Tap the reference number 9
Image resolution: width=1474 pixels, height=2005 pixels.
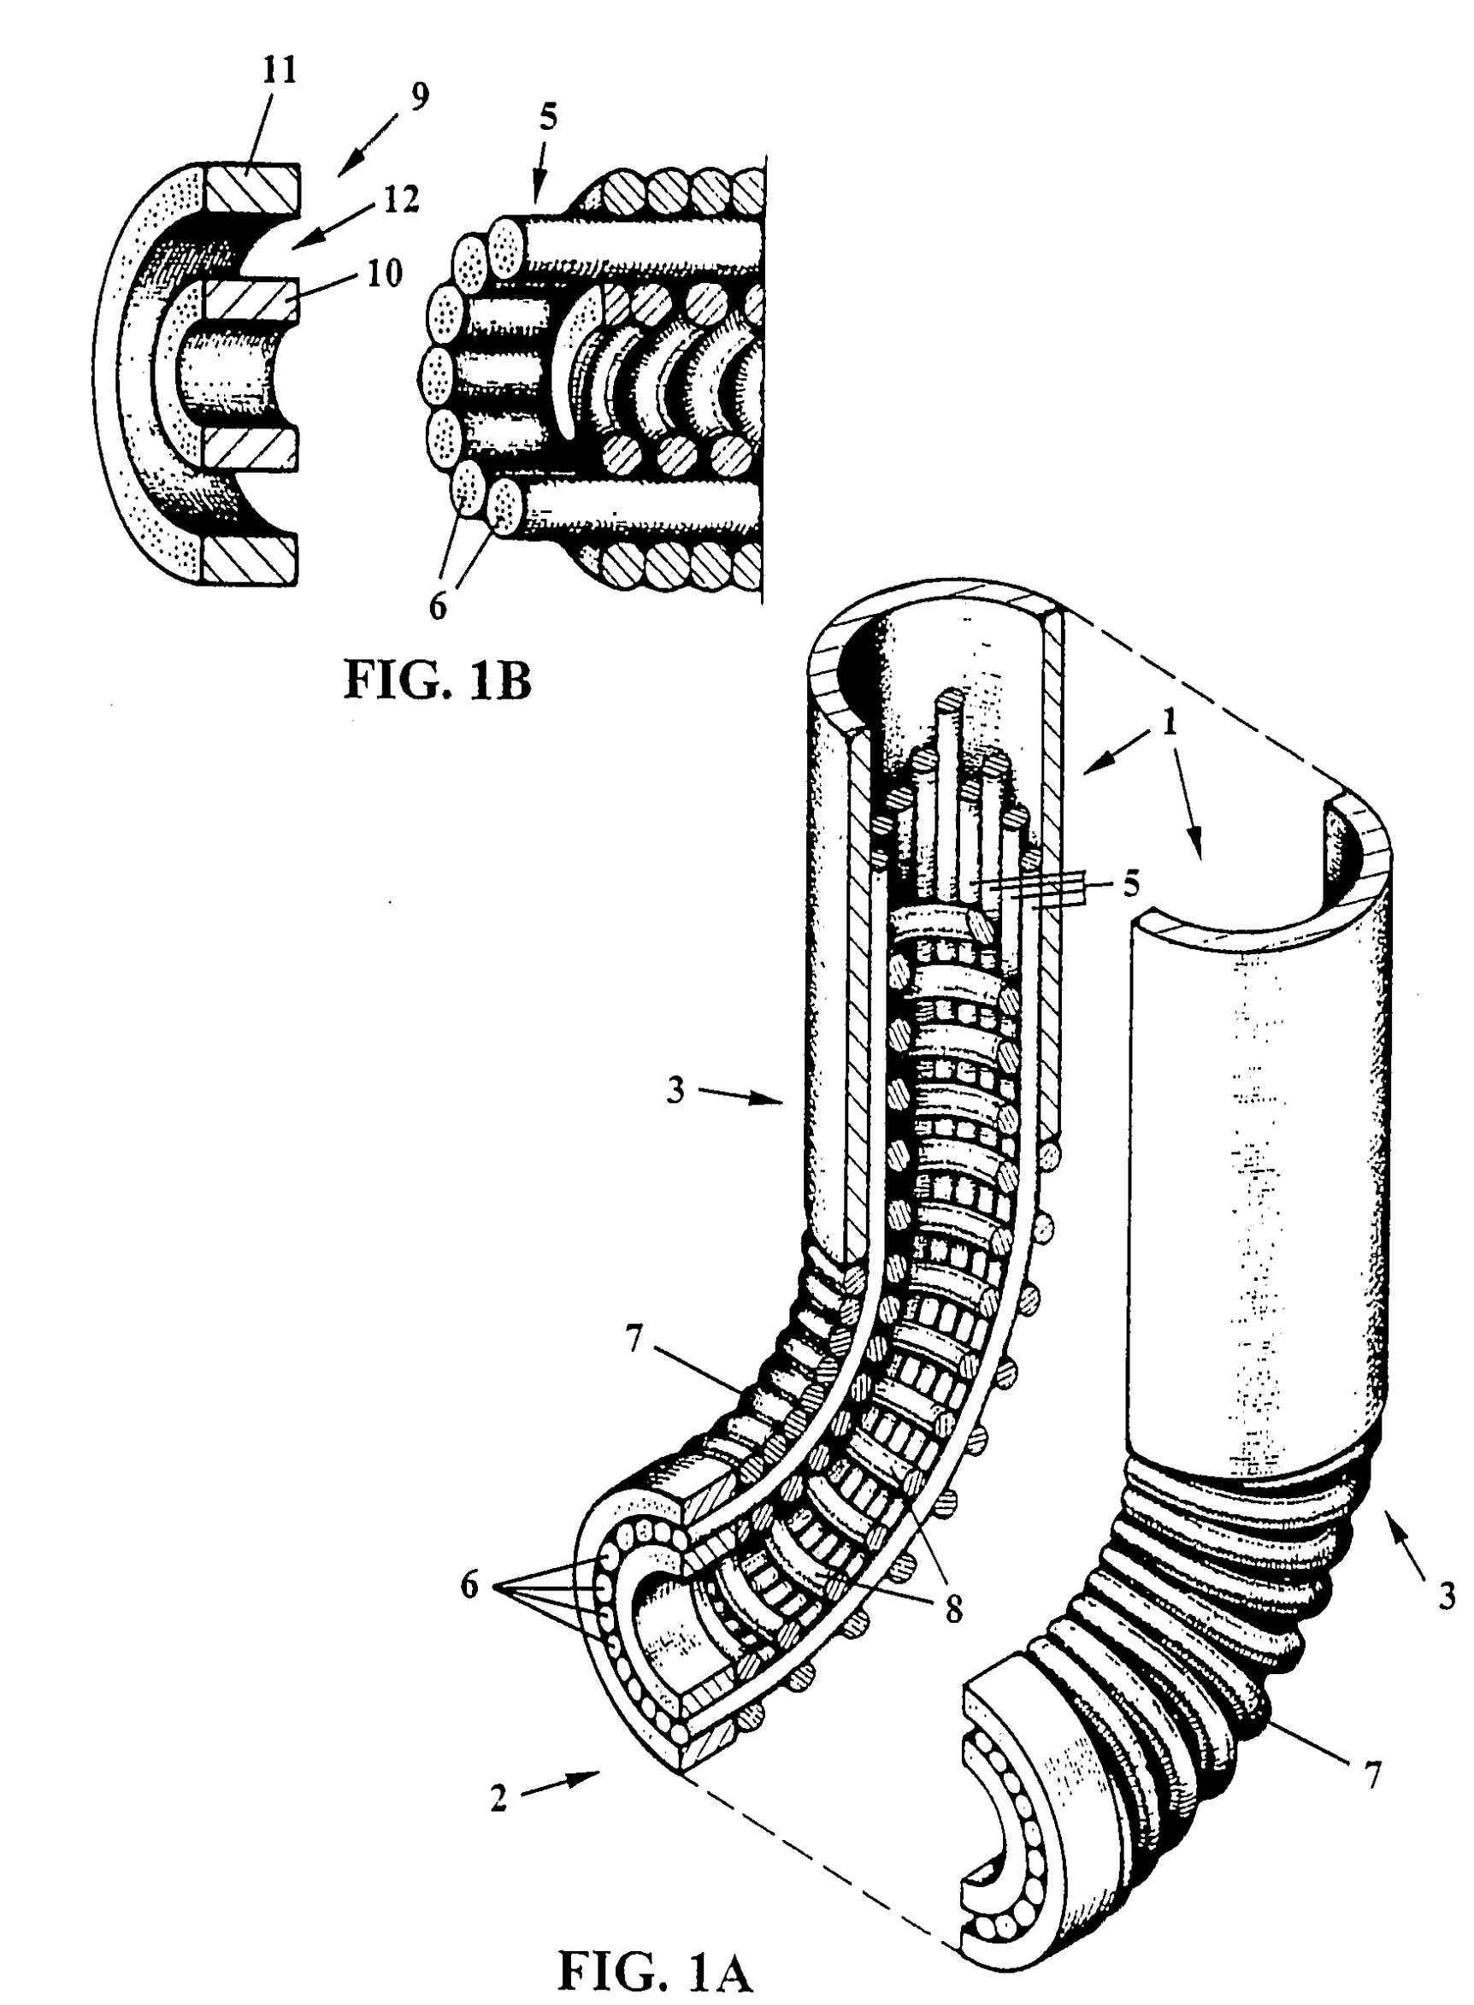click(x=419, y=96)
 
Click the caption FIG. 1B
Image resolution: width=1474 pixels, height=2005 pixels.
click(x=438, y=682)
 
